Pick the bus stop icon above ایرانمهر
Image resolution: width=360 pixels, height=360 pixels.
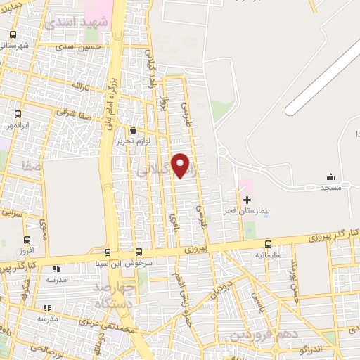tap(18, 114)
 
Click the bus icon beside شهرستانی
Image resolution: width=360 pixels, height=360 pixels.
tap(13, 34)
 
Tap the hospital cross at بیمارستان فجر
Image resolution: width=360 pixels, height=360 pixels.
tap(247, 200)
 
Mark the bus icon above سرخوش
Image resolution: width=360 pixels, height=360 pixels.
tap(139, 252)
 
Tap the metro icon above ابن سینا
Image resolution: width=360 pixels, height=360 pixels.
tap(108, 252)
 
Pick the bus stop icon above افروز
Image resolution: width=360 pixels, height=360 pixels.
tap(26, 240)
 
